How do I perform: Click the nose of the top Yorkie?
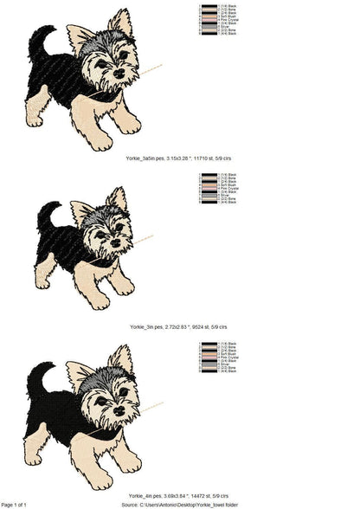(x=119, y=73)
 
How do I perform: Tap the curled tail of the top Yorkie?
(x=38, y=39)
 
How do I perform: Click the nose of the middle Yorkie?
(x=113, y=244)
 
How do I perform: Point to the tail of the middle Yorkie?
(x=46, y=213)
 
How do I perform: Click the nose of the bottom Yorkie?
(x=119, y=414)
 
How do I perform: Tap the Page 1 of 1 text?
(x=15, y=504)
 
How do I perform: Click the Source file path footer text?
(x=190, y=504)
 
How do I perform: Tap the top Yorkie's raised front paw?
(x=130, y=125)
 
